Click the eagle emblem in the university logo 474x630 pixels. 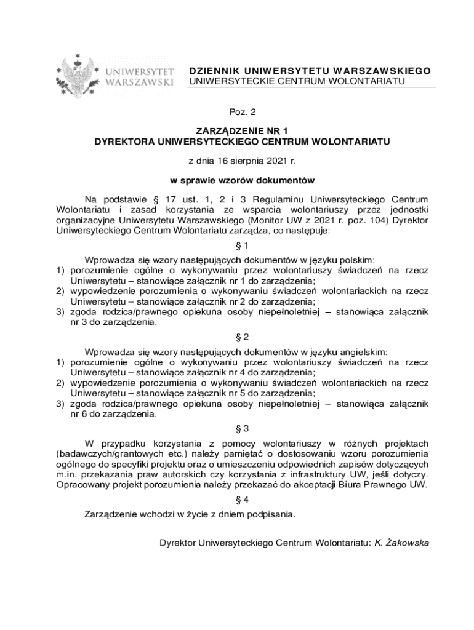(78, 76)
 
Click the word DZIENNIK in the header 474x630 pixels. (214, 71)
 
